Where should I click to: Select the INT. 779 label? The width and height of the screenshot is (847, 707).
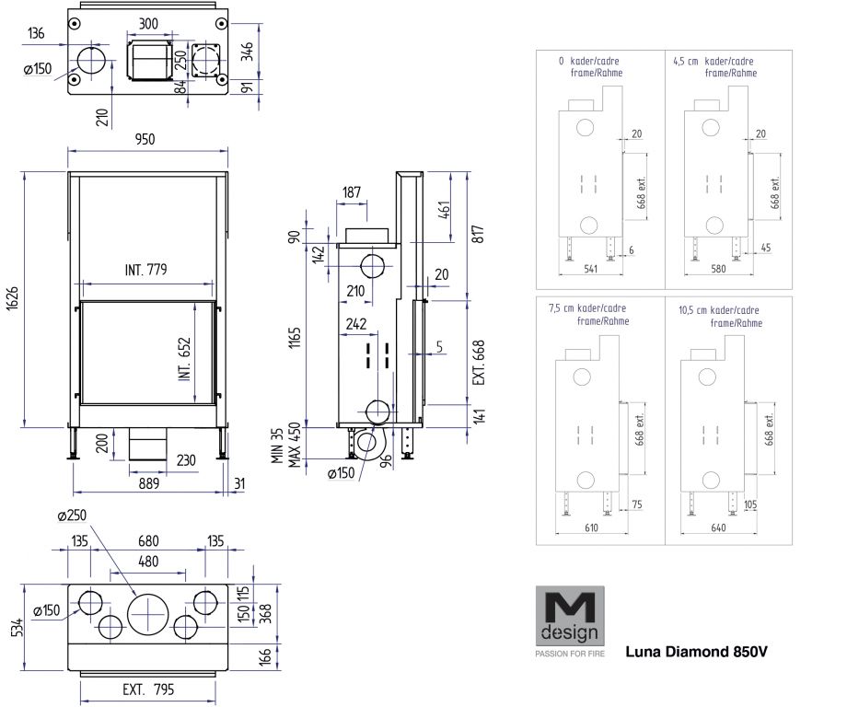pyautogui.click(x=146, y=270)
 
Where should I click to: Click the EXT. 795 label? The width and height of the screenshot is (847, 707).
pyautogui.click(x=148, y=689)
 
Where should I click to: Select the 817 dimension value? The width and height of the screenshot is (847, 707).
pyautogui.click(x=478, y=234)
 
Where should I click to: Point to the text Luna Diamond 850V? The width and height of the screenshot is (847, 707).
pyautogui.click(x=696, y=653)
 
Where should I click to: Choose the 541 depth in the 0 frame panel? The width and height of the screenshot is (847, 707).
pyautogui.click(x=589, y=270)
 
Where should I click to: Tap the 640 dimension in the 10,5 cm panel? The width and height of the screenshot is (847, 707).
pyautogui.click(x=715, y=527)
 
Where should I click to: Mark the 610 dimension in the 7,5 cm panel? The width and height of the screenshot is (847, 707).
pyautogui.click(x=591, y=527)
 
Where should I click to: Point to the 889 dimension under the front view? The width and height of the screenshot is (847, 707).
pyautogui.click(x=147, y=482)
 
